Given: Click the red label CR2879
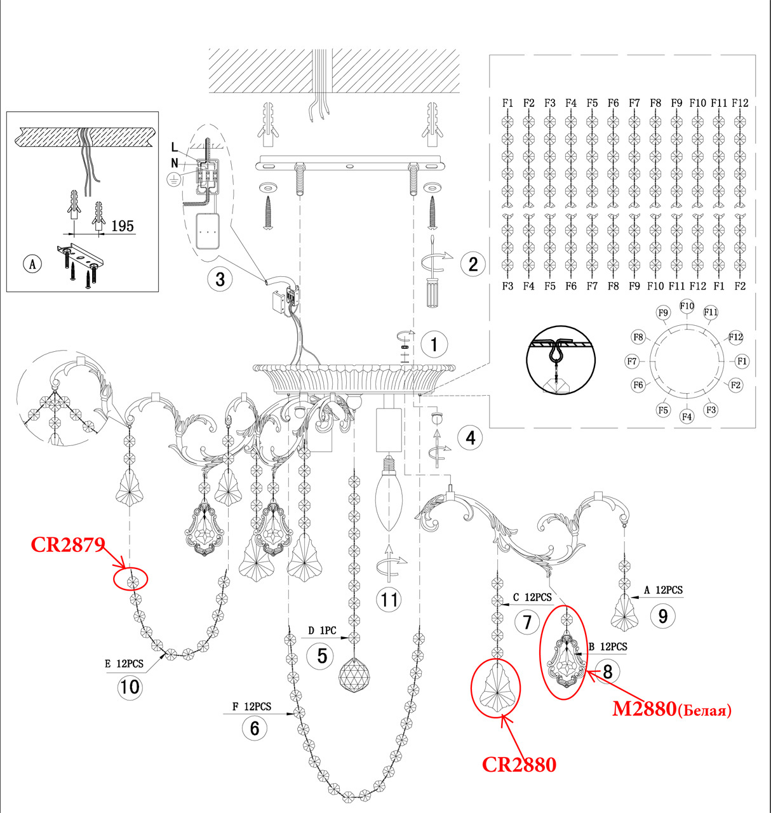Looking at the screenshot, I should [x=67, y=544].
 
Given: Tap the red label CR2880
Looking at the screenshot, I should [x=519, y=764].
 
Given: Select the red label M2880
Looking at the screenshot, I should [x=643, y=708].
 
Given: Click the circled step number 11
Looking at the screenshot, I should [x=389, y=600].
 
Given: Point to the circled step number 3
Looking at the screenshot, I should [x=220, y=279].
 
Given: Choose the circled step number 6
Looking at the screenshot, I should [x=255, y=728].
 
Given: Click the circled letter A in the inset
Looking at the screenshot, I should [x=32, y=264].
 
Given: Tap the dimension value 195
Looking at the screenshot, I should [x=123, y=226].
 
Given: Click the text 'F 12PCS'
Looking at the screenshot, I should [x=251, y=706].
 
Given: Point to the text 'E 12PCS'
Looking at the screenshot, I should [x=124, y=664].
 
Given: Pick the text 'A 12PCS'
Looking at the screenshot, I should [x=663, y=590].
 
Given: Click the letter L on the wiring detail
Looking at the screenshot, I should [x=175, y=147].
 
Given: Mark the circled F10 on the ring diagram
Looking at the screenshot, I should [x=687, y=306].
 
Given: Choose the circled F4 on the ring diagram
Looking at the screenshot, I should [x=687, y=417].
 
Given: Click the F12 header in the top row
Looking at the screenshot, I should [x=740, y=103].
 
